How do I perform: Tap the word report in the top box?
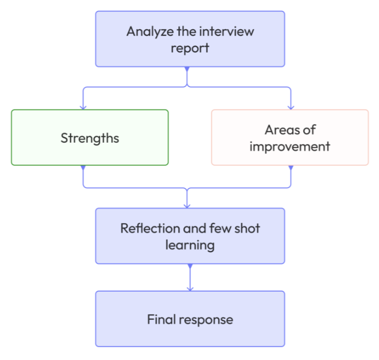(x=190, y=48)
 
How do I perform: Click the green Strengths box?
(x=89, y=138)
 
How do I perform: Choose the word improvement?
(x=290, y=146)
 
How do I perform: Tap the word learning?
(x=190, y=245)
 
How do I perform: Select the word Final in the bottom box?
(x=162, y=319)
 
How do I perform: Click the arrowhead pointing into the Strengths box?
(x=83, y=106)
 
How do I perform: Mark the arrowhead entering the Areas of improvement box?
(x=291, y=106)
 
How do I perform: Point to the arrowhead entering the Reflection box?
(x=188, y=205)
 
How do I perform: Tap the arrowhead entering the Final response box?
(x=190, y=287)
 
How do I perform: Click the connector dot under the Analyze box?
(x=187, y=69)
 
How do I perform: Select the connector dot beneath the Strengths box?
(x=83, y=168)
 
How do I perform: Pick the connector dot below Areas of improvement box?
(x=291, y=168)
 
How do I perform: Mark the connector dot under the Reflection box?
(x=190, y=266)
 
